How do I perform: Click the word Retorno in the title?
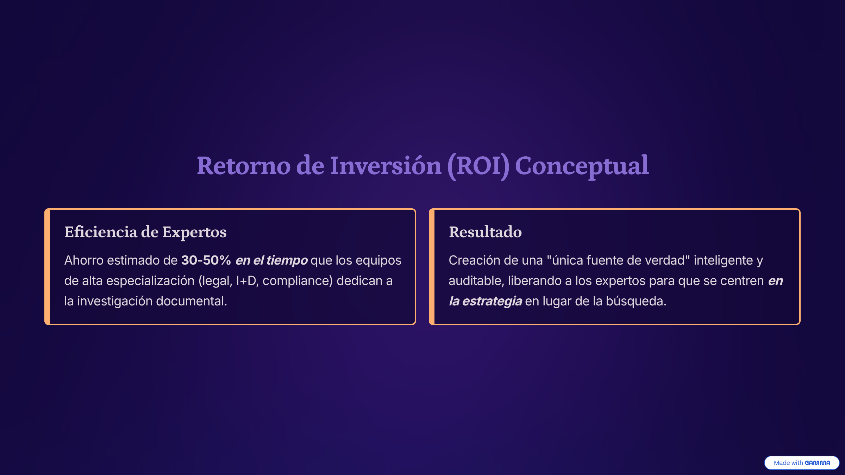(x=244, y=166)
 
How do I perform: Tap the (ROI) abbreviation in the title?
(x=478, y=166)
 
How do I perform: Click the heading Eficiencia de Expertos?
(x=145, y=232)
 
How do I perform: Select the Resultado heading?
(x=485, y=232)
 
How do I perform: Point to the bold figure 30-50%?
(x=206, y=260)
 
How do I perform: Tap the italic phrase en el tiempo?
(x=271, y=261)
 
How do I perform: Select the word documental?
(x=192, y=301)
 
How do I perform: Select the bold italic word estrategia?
(x=492, y=302)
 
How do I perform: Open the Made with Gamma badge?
(x=802, y=463)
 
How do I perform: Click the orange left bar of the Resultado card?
(x=432, y=267)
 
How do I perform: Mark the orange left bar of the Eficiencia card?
(x=47, y=267)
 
